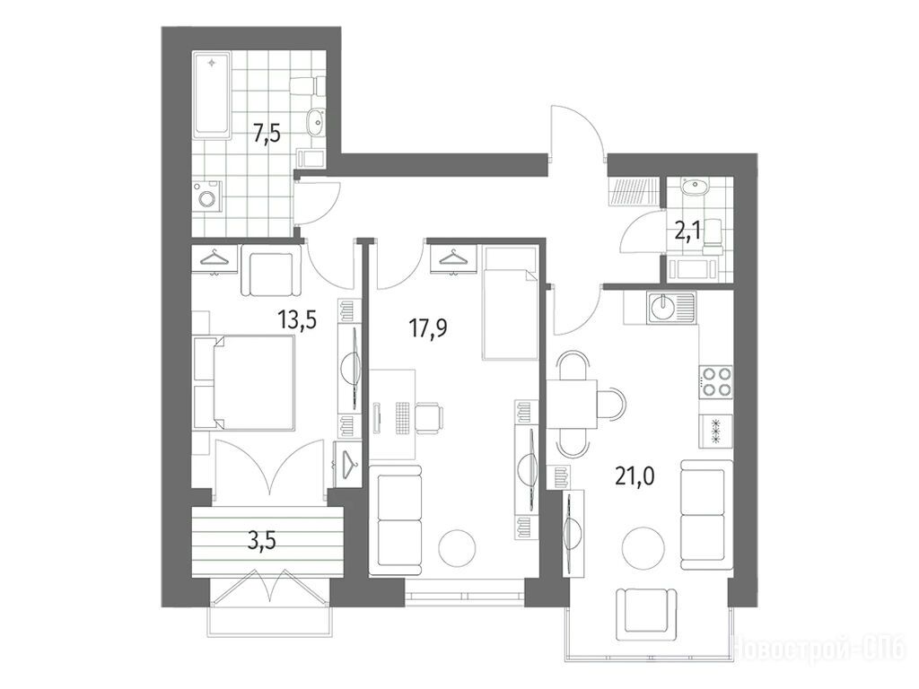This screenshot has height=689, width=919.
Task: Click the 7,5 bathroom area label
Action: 267,135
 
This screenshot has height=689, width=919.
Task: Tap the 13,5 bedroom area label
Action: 297,320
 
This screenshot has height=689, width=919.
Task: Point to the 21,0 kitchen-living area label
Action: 635,476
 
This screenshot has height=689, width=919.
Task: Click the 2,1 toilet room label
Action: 689,231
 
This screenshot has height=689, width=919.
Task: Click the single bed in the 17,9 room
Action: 509,302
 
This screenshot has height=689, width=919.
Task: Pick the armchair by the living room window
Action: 646,615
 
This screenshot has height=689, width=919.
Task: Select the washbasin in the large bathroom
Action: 316,122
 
